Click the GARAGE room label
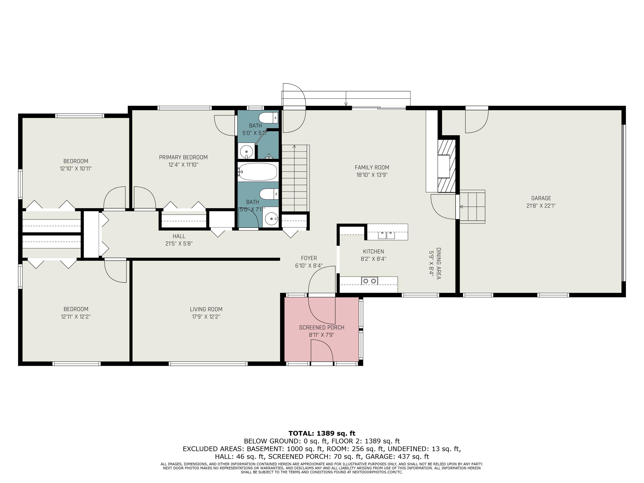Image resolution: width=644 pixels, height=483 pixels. pyautogui.click(x=541, y=198)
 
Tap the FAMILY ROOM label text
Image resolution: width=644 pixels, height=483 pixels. pyautogui.click(x=372, y=167)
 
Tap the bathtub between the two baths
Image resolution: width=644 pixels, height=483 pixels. pyautogui.click(x=258, y=172)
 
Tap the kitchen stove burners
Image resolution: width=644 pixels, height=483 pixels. pyautogui.click(x=369, y=281)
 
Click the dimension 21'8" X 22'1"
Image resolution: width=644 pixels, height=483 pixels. pyautogui.click(x=541, y=206)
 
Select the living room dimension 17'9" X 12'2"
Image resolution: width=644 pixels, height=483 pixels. pyautogui.click(x=206, y=317)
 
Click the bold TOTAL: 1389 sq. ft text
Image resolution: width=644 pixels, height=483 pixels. pyautogui.click(x=322, y=433)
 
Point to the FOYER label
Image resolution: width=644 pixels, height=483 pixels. pyautogui.click(x=309, y=258)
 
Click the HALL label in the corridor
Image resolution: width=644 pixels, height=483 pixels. pyautogui.click(x=179, y=236)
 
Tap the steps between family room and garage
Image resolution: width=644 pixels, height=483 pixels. pyautogui.click(x=472, y=207)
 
